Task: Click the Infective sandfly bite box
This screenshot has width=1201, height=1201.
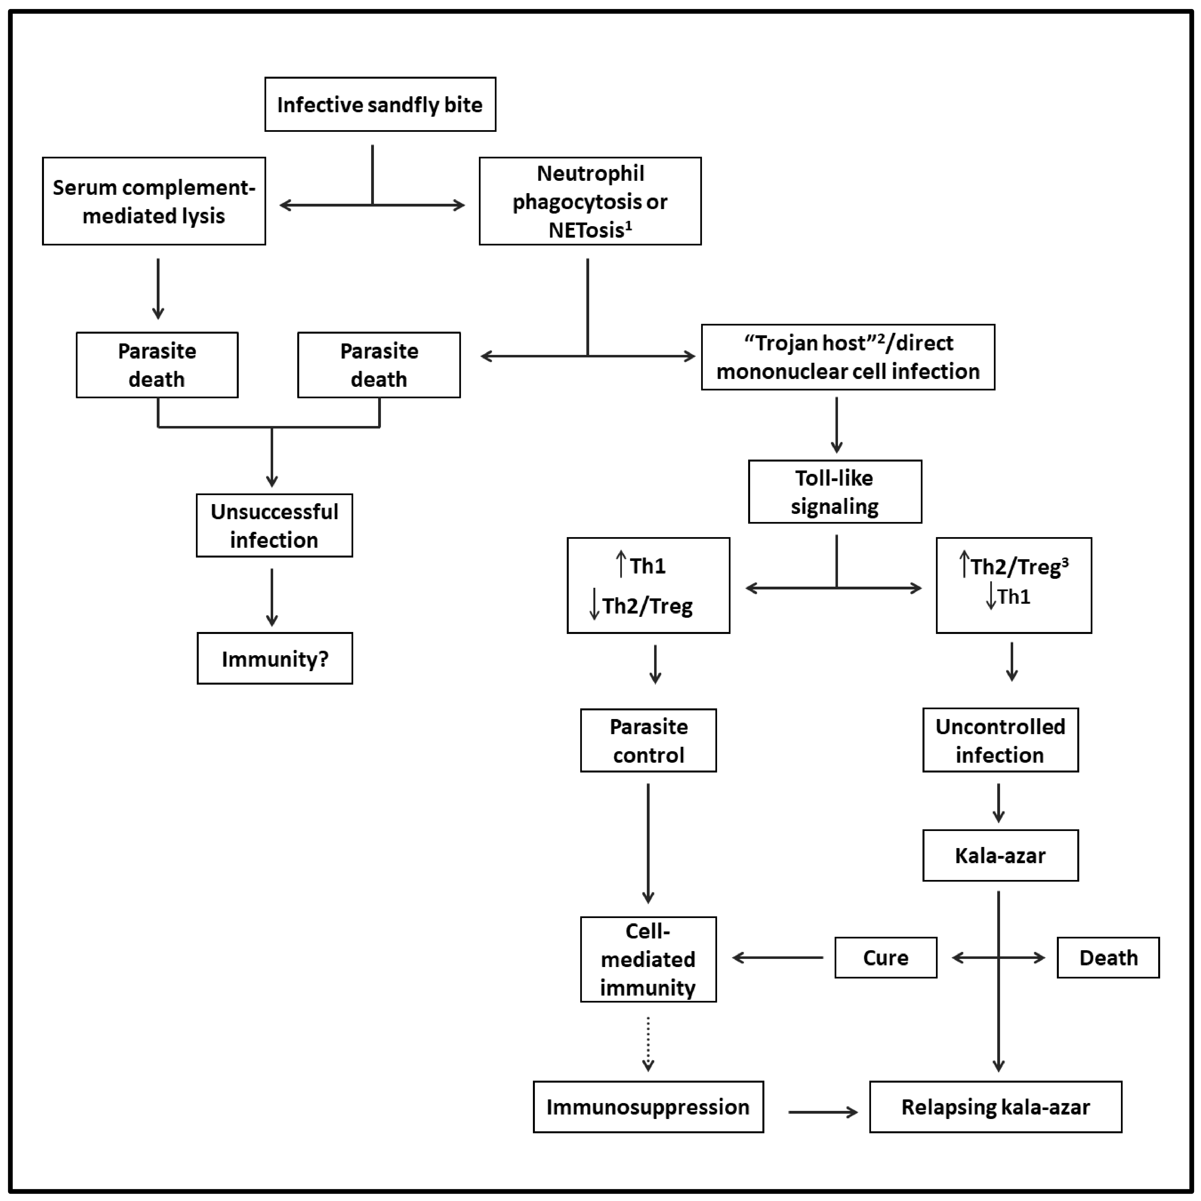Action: (380, 104)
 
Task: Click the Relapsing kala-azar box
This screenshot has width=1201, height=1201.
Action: (995, 1107)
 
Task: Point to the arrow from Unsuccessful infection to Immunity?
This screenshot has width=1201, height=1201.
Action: (272, 597)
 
